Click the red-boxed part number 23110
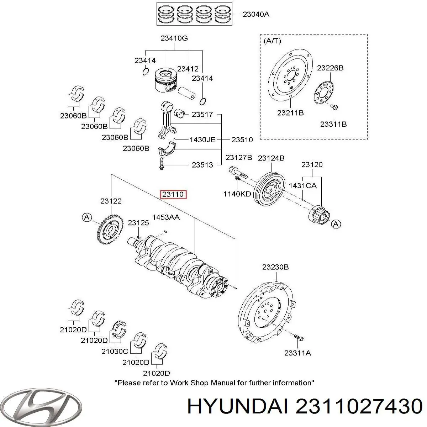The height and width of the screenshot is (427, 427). click(173, 195)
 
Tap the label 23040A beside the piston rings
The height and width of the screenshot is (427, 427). click(256, 15)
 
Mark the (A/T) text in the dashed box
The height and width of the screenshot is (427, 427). click(272, 41)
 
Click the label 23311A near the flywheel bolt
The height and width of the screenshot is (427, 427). click(298, 353)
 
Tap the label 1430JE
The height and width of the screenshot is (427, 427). click(202, 139)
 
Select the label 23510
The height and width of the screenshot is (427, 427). click(242, 139)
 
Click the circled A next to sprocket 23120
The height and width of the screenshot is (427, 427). click(336, 224)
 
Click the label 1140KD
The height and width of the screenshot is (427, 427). click(237, 194)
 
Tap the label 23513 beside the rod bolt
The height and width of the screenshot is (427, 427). click(202, 165)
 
